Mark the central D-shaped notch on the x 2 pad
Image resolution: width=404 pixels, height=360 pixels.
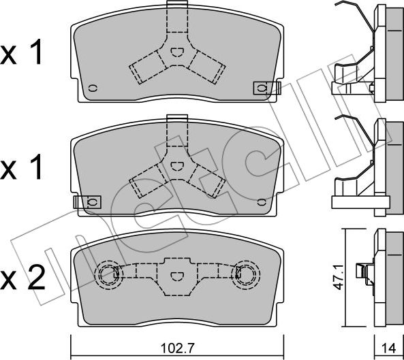(x=176, y=275)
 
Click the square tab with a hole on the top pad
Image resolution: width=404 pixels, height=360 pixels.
(x=262, y=87)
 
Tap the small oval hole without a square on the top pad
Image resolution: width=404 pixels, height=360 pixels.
(x=93, y=86)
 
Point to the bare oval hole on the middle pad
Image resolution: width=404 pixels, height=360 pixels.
(x=262, y=201)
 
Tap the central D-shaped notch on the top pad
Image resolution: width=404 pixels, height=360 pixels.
(x=176, y=52)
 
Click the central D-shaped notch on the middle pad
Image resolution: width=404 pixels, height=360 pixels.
(x=176, y=165)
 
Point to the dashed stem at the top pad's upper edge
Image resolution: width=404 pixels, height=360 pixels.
(x=176, y=17)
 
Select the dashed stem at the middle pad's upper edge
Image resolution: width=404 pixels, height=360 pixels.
(x=176, y=130)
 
